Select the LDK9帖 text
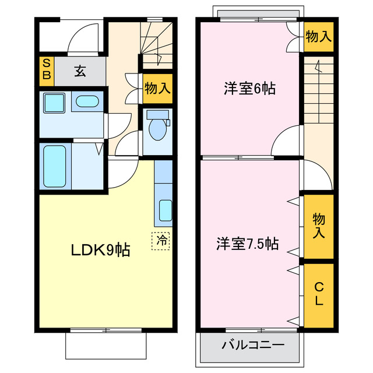pyautogui.click(x=100, y=251)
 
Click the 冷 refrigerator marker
pyautogui.click(x=161, y=240)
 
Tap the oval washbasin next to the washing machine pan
pyautogui.click(x=87, y=102)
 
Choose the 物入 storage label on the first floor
pyautogui.click(x=157, y=89)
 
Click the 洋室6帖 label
pyautogui.click(x=250, y=89)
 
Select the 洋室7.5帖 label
pyautogui.click(x=248, y=243)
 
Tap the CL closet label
pyautogui.click(x=319, y=294)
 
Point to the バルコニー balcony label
pyautogui.click(x=252, y=345)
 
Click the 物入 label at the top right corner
pyautogui.click(x=319, y=36)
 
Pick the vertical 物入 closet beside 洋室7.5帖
pyautogui.click(x=318, y=226)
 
